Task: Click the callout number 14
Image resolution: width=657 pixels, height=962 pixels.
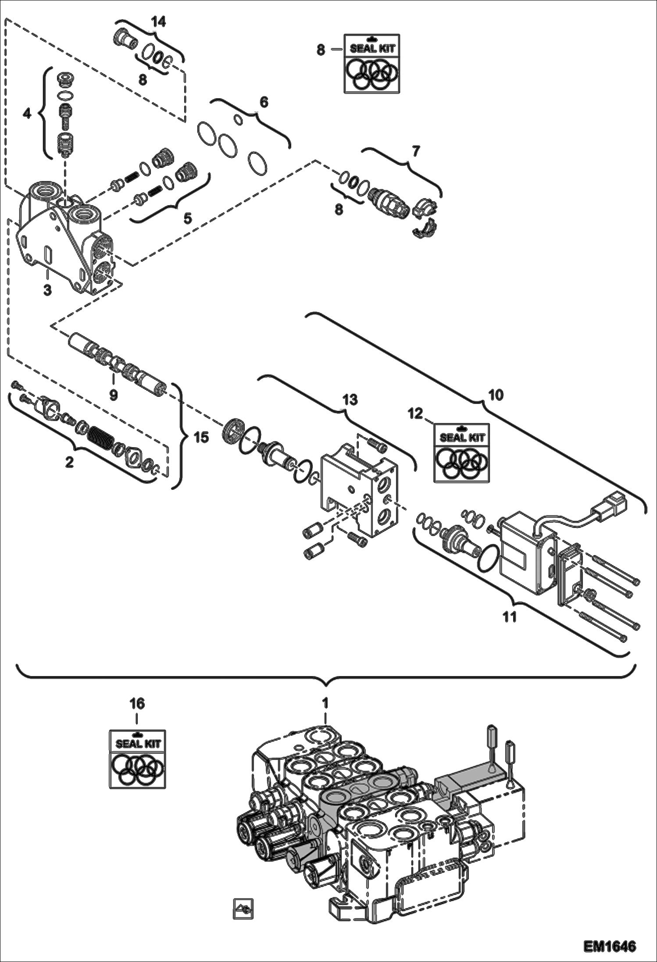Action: click(158, 22)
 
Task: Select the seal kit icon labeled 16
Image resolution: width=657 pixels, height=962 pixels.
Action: click(137, 759)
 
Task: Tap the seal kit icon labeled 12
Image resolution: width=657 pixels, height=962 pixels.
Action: click(461, 452)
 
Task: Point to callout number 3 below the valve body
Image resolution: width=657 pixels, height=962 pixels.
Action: click(47, 290)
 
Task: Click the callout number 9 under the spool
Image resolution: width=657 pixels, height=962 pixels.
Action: click(113, 395)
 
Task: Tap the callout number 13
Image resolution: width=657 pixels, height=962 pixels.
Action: click(350, 399)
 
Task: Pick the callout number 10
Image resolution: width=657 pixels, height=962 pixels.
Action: click(496, 395)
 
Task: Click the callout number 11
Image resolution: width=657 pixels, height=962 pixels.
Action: click(509, 617)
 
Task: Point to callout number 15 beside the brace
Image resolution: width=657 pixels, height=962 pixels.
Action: click(201, 437)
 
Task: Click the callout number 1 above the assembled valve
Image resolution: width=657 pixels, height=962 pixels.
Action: click(325, 702)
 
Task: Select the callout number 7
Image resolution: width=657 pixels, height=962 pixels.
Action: click(415, 151)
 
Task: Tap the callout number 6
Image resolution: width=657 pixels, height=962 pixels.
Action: click(264, 102)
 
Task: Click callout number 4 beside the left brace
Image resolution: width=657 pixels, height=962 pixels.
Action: click(27, 114)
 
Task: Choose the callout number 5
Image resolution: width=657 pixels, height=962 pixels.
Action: click(188, 218)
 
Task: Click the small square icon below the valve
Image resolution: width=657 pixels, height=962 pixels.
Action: click(243, 909)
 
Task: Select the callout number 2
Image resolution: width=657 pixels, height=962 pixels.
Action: click(69, 462)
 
